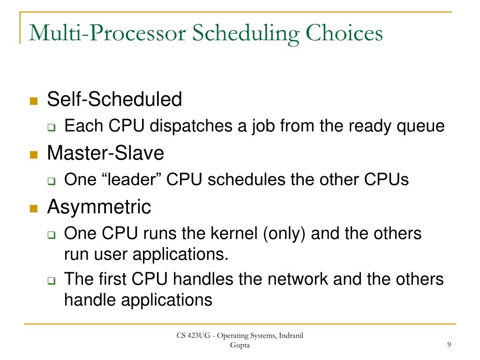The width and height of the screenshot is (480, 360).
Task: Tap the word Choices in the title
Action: click(x=345, y=34)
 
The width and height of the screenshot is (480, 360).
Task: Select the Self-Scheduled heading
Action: click(x=114, y=99)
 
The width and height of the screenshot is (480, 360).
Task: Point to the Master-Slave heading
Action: click(x=105, y=153)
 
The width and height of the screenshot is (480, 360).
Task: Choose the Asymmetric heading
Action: click(x=99, y=207)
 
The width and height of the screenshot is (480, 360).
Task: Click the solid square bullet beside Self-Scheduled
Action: click(x=33, y=100)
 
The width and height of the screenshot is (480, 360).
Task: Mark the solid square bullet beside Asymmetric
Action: click(x=33, y=208)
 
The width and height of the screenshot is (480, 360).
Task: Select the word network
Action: click(x=298, y=279)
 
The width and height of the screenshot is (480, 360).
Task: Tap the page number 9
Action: click(x=449, y=345)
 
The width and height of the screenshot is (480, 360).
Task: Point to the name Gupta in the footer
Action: click(x=240, y=345)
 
